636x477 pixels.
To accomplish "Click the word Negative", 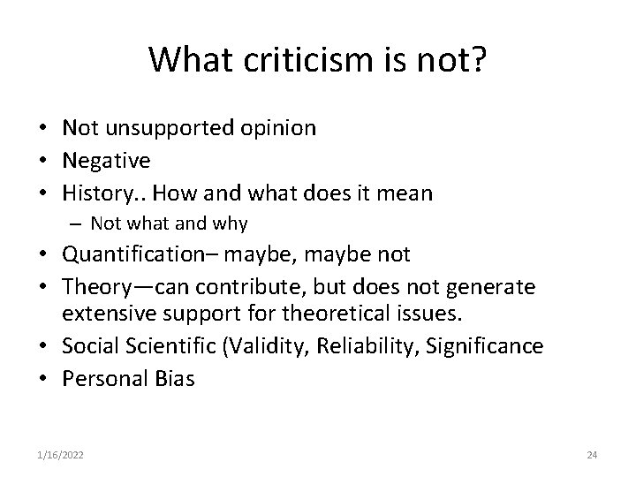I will pos(106,161).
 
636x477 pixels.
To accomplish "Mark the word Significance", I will pos(487,346).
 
